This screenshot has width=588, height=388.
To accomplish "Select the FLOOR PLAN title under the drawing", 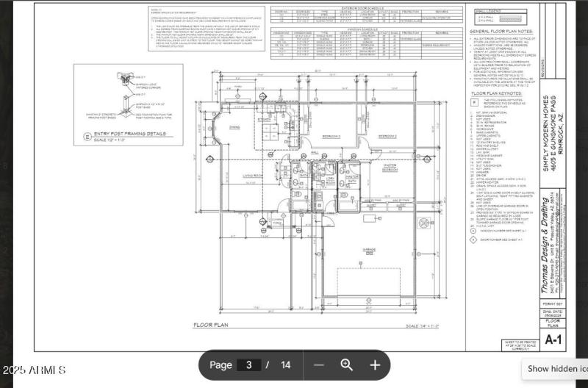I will click(x=212, y=324).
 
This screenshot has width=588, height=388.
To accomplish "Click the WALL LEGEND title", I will click(x=490, y=12).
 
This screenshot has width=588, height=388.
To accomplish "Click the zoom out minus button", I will click(x=318, y=364).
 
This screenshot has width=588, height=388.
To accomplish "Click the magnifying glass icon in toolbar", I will click(x=346, y=364).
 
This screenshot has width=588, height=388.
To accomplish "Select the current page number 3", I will click(x=249, y=364).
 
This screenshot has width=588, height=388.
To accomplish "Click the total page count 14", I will click(x=285, y=364).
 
